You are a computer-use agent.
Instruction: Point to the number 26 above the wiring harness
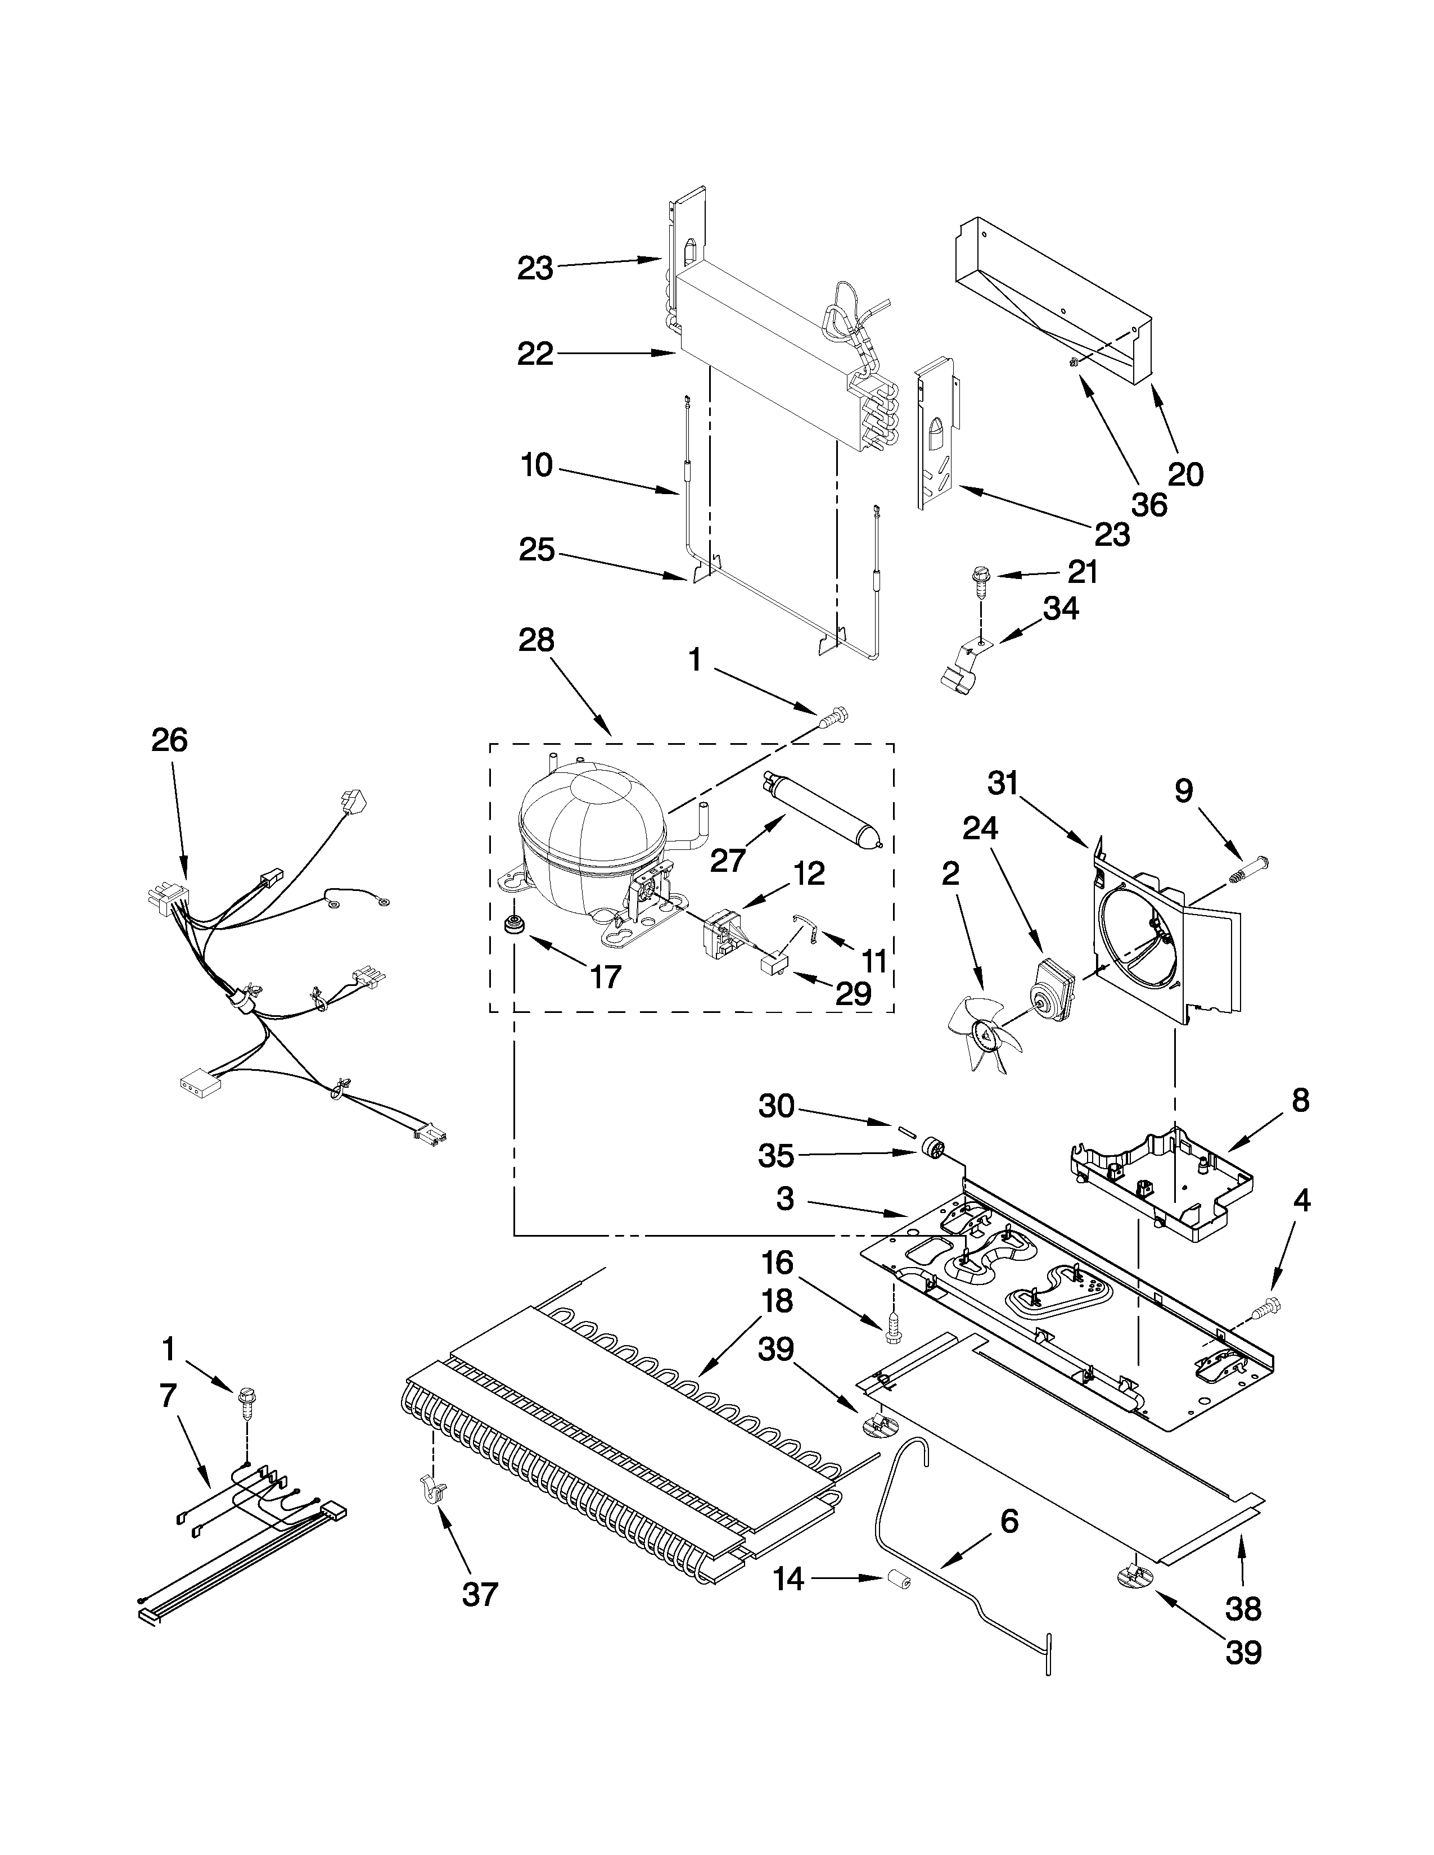click(169, 741)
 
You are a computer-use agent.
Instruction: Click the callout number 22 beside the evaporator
click(535, 354)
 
